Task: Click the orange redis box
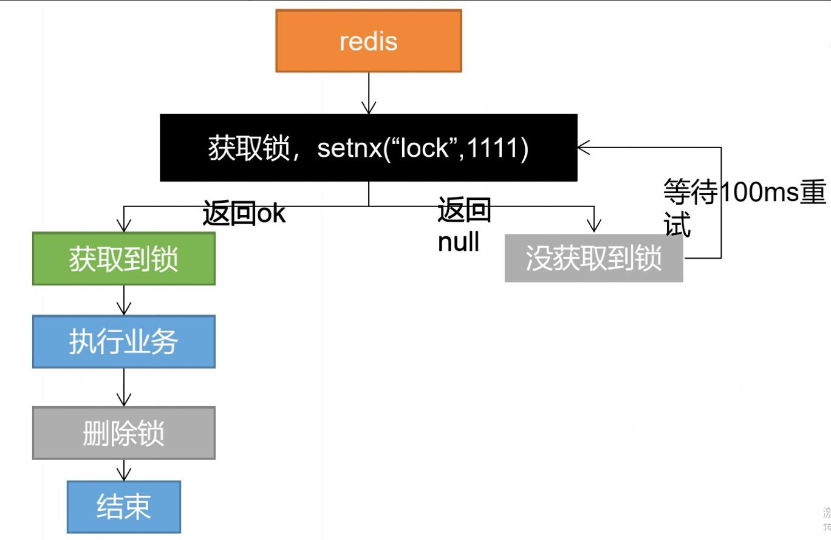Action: pyautogui.click(x=368, y=41)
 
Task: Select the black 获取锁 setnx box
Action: pyautogui.click(x=368, y=148)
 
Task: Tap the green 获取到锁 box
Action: pyautogui.click(x=123, y=259)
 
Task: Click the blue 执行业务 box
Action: pyautogui.click(x=123, y=341)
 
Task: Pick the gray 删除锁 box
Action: pyautogui.click(x=123, y=433)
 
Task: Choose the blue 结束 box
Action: pyautogui.click(x=123, y=507)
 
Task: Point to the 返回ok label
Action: pyautogui.click(x=244, y=214)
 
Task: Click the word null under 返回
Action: pyautogui.click(x=459, y=242)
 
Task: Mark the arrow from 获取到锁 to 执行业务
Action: pyautogui.click(x=124, y=300)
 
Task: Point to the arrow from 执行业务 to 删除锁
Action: pyautogui.click(x=124, y=388)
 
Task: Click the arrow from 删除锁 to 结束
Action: pyautogui.click(x=124, y=470)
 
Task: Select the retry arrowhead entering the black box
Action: pyautogui.click(x=584, y=147)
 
